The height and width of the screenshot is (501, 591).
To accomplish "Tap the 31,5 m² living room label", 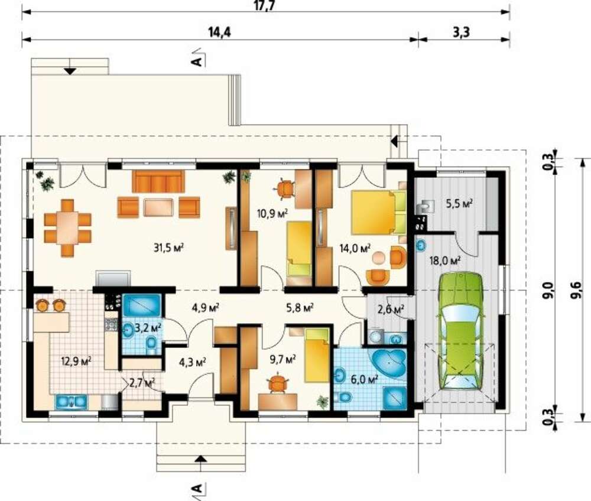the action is click(x=168, y=248).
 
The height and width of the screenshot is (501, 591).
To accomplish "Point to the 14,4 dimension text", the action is click(x=219, y=32).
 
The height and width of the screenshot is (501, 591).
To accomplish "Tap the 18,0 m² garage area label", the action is click(x=446, y=260).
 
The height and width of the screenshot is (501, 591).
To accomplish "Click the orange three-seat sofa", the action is click(x=158, y=181).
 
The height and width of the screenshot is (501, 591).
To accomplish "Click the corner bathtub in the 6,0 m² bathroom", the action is click(x=389, y=362).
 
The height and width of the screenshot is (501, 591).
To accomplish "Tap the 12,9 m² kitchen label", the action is click(x=77, y=362).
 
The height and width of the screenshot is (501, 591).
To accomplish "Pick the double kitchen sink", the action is click(x=72, y=402).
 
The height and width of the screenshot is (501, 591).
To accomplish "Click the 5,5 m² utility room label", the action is click(x=459, y=203).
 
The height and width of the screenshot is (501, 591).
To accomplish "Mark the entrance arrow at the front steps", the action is click(x=201, y=458).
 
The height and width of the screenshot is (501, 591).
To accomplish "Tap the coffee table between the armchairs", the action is click(x=158, y=207).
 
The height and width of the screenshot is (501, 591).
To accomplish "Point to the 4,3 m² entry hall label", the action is click(x=192, y=362).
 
